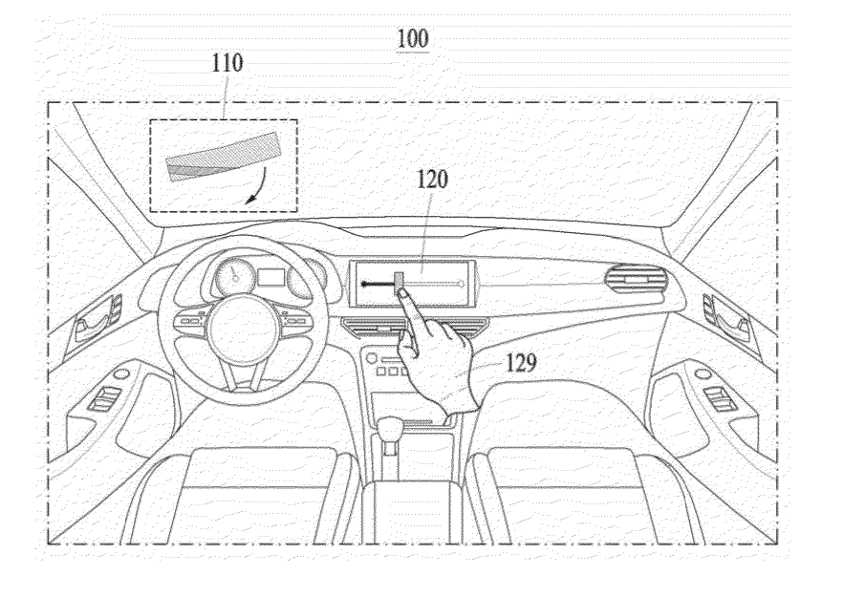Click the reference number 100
click(413, 39)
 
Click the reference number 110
click(227, 63)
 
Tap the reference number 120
click(432, 180)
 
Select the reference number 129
click(521, 363)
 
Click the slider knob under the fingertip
click(400, 284)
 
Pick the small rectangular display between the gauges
click(271, 278)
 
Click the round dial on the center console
click(372, 358)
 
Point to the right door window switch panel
click(720, 398)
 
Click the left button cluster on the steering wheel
click(189, 321)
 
